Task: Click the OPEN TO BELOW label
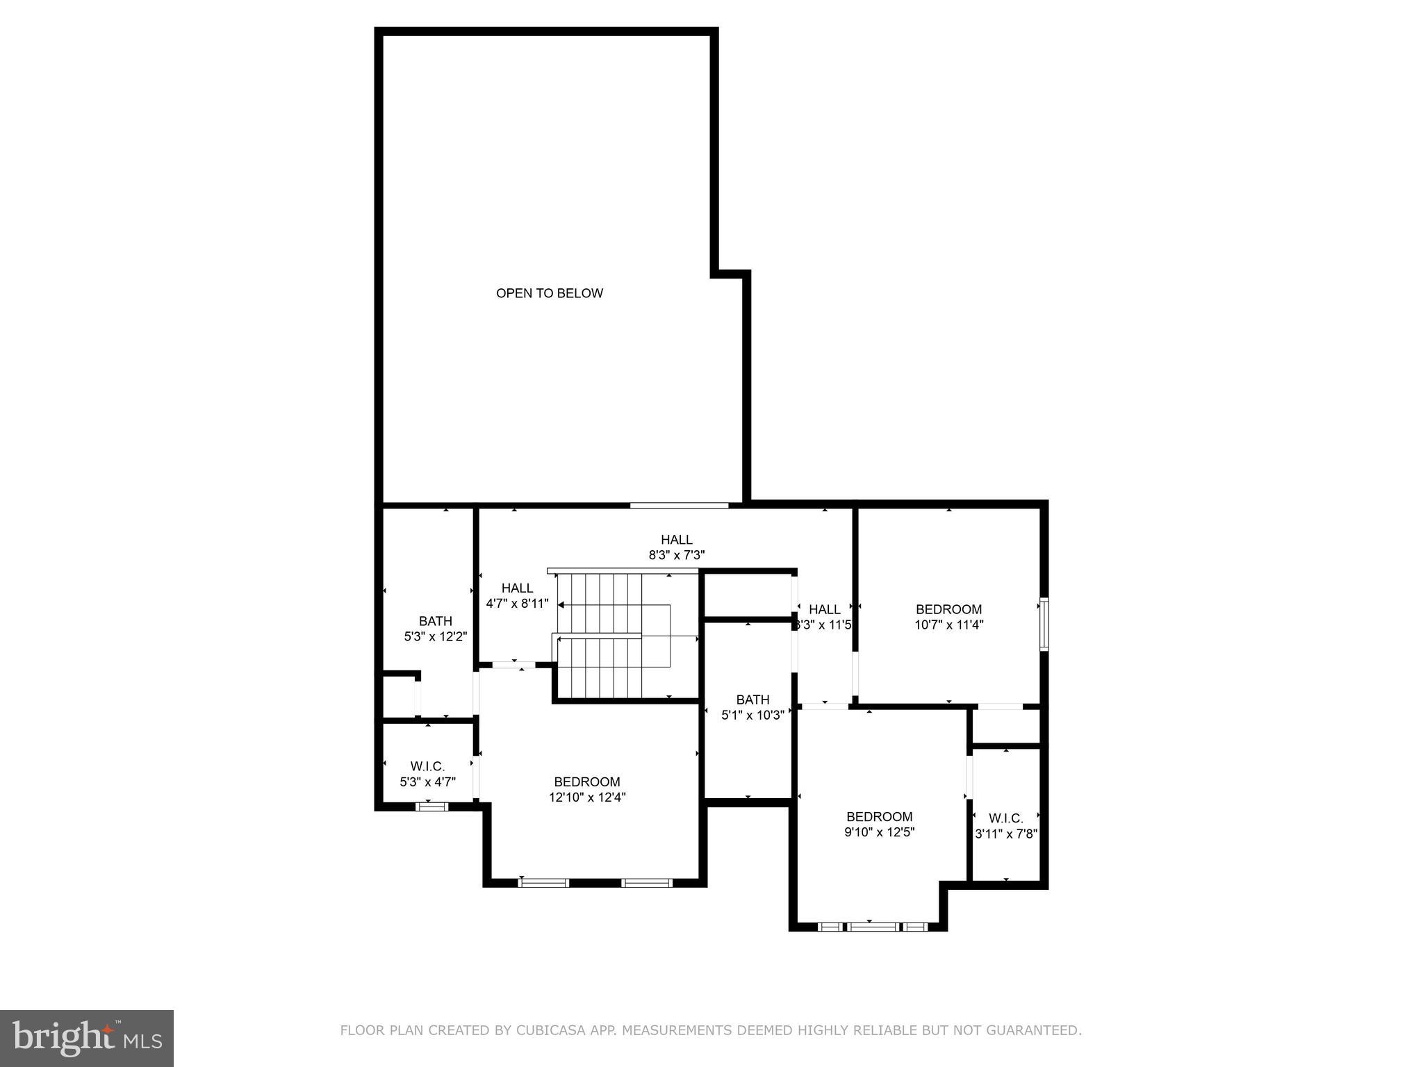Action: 549,293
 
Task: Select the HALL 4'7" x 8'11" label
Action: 517,596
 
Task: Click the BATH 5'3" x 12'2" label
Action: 435,629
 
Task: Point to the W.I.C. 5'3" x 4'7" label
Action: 427,774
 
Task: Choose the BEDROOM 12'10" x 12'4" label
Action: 587,790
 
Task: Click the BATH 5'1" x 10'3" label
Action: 752,707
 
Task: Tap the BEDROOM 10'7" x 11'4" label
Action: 948,617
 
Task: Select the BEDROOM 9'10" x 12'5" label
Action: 879,824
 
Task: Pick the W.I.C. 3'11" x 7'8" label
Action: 1005,826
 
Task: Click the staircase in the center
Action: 611,636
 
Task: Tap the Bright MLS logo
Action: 87,1038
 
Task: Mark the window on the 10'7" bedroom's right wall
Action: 1044,624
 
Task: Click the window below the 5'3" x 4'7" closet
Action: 431,807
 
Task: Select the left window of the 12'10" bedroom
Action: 543,883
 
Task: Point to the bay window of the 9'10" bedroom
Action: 873,927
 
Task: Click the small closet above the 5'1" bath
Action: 748,594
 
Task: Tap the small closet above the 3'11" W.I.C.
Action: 1005,726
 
